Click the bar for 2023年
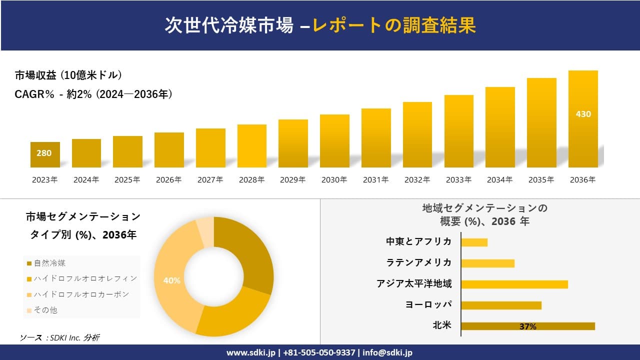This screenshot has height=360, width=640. (x=45, y=154)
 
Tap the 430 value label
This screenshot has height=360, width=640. (x=583, y=114)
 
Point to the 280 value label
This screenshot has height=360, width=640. (x=44, y=153)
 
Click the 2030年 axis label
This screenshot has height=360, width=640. (x=334, y=180)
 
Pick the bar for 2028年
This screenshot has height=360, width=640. (x=251, y=146)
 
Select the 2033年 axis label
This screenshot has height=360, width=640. (x=458, y=180)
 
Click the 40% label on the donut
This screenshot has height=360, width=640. (x=171, y=280)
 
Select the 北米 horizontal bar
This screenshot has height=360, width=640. (x=527, y=326)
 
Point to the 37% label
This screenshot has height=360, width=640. (x=527, y=326)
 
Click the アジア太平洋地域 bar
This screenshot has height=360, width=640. (x=514, y=284)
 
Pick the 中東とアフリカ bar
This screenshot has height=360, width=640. (x=474, y=242)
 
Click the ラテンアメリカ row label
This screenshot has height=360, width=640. (x=418, y=262)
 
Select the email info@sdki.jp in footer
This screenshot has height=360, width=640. (x=387, y=352)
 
